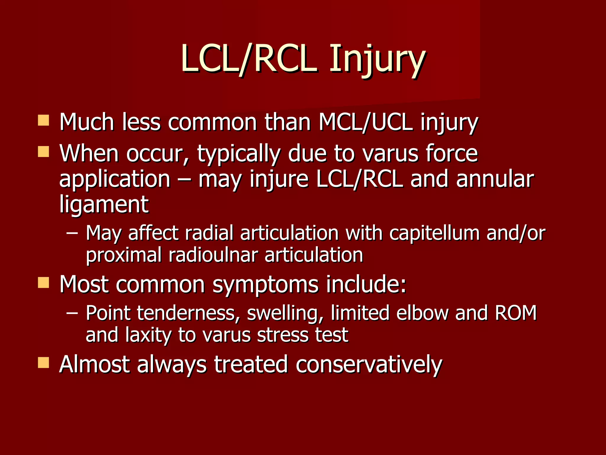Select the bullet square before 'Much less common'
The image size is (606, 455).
pyautogui.click(x=43, y=121)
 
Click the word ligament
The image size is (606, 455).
pyautogui.click(x=104, y=205)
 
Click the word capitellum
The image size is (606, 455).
pyautogui.click(x=434, y=233)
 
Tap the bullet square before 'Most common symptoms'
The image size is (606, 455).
pyautogui.click(x=43, y=283)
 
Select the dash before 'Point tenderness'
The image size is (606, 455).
pyautogui.click(x=72, y=313)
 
